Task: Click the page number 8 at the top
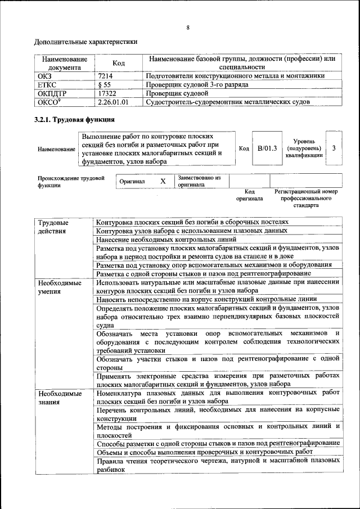188,28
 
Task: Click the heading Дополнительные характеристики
85,42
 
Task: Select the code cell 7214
105,75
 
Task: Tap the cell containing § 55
103,84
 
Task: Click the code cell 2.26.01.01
113,102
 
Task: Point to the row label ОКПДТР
52,93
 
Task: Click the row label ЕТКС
47,84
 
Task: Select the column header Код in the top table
118,63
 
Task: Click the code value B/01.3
267,148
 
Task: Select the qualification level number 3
334,148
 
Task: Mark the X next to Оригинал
163,181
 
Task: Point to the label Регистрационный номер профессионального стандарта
306,199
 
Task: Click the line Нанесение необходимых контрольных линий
166,239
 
